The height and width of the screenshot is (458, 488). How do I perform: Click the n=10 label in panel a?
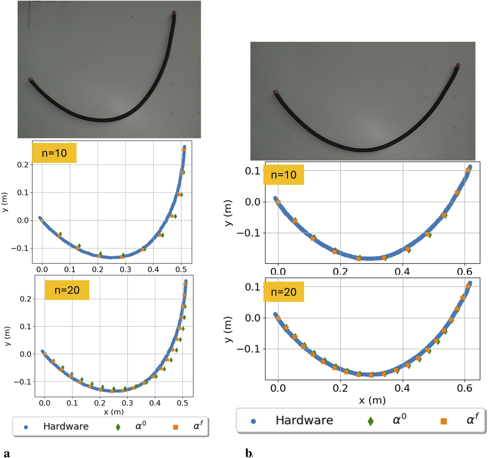(54, 153)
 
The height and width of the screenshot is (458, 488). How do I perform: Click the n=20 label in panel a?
(67, 290)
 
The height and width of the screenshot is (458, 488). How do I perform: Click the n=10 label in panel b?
(283, 175)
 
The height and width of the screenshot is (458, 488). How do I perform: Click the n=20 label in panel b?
(283, 292)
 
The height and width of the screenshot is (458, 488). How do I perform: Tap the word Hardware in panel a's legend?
(66, 426)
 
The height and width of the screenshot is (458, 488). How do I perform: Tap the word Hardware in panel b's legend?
(304, 420)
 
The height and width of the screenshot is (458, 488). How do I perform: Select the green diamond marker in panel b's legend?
(371, 421)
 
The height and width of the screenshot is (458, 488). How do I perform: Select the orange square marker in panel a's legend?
(175, 427)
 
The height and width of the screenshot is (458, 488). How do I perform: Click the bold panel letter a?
(7, 453)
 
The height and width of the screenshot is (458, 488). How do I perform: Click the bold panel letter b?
(248, 453)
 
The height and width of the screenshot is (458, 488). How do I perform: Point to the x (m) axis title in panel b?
(372, 400)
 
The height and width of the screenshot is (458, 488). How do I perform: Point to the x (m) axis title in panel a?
(114, 412)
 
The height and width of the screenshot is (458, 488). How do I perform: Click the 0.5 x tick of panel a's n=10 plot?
(181, 269)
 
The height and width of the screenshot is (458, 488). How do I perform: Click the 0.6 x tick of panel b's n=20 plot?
(464, 388)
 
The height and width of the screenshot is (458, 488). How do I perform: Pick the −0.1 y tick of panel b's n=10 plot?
(248, 233)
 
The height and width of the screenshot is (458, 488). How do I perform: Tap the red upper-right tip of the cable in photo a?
(174, 13)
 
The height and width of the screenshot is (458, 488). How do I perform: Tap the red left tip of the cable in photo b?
(276, 92)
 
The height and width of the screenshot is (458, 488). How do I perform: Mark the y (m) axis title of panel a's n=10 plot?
(5, 202)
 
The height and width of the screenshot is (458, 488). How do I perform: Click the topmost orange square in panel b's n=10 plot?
(468, 170)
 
